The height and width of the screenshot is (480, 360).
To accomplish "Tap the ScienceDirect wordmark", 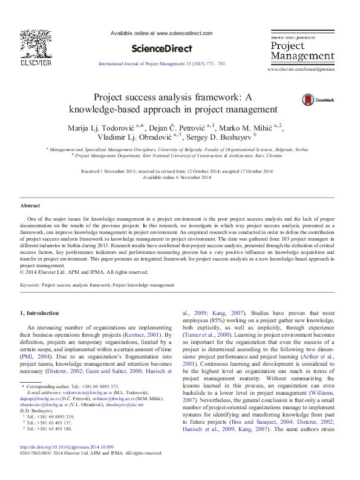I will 162,49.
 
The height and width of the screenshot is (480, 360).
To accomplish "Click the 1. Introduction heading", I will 40,313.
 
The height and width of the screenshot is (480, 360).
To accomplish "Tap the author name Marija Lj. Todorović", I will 102,126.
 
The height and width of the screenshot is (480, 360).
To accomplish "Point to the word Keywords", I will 31,284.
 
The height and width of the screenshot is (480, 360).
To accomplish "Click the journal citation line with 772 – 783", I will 162,63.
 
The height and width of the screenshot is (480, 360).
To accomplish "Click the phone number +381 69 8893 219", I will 51,433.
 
